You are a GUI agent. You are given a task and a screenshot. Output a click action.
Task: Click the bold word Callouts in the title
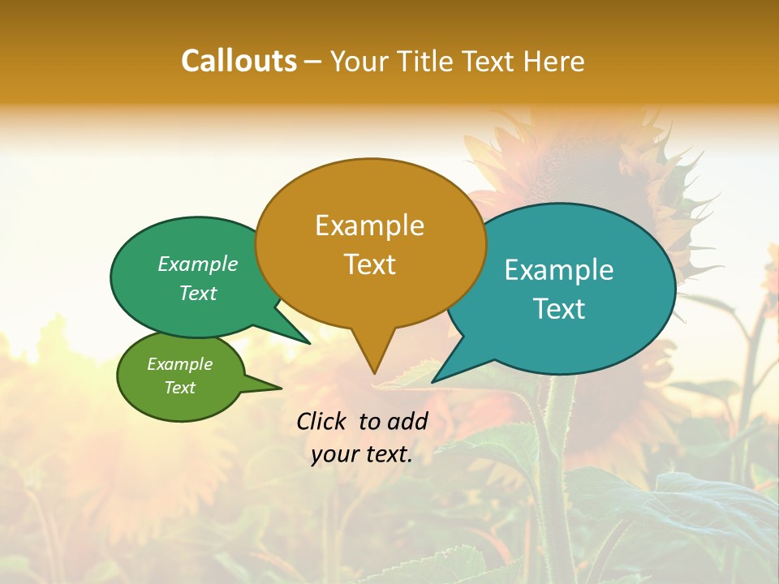click(239, 61)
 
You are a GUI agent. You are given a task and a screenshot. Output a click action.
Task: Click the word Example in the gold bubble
click(369, 225)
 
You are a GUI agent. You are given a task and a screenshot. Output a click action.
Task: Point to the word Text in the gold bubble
click(369, 264)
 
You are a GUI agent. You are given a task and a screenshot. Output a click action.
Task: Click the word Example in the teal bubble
click(559, 270)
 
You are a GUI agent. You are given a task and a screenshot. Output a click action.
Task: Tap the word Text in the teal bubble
click(559, 309)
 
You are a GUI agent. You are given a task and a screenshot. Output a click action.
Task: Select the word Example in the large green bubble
click(198, 264)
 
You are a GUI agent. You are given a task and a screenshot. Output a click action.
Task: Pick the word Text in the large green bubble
click(198, 294)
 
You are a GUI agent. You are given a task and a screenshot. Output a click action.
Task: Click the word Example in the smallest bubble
click(179, 364)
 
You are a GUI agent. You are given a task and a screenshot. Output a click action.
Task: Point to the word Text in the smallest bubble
click(179, 388)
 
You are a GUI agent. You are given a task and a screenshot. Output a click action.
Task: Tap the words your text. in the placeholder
click(362, 454)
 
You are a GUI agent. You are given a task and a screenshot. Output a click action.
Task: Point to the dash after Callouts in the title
click(314, 61)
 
